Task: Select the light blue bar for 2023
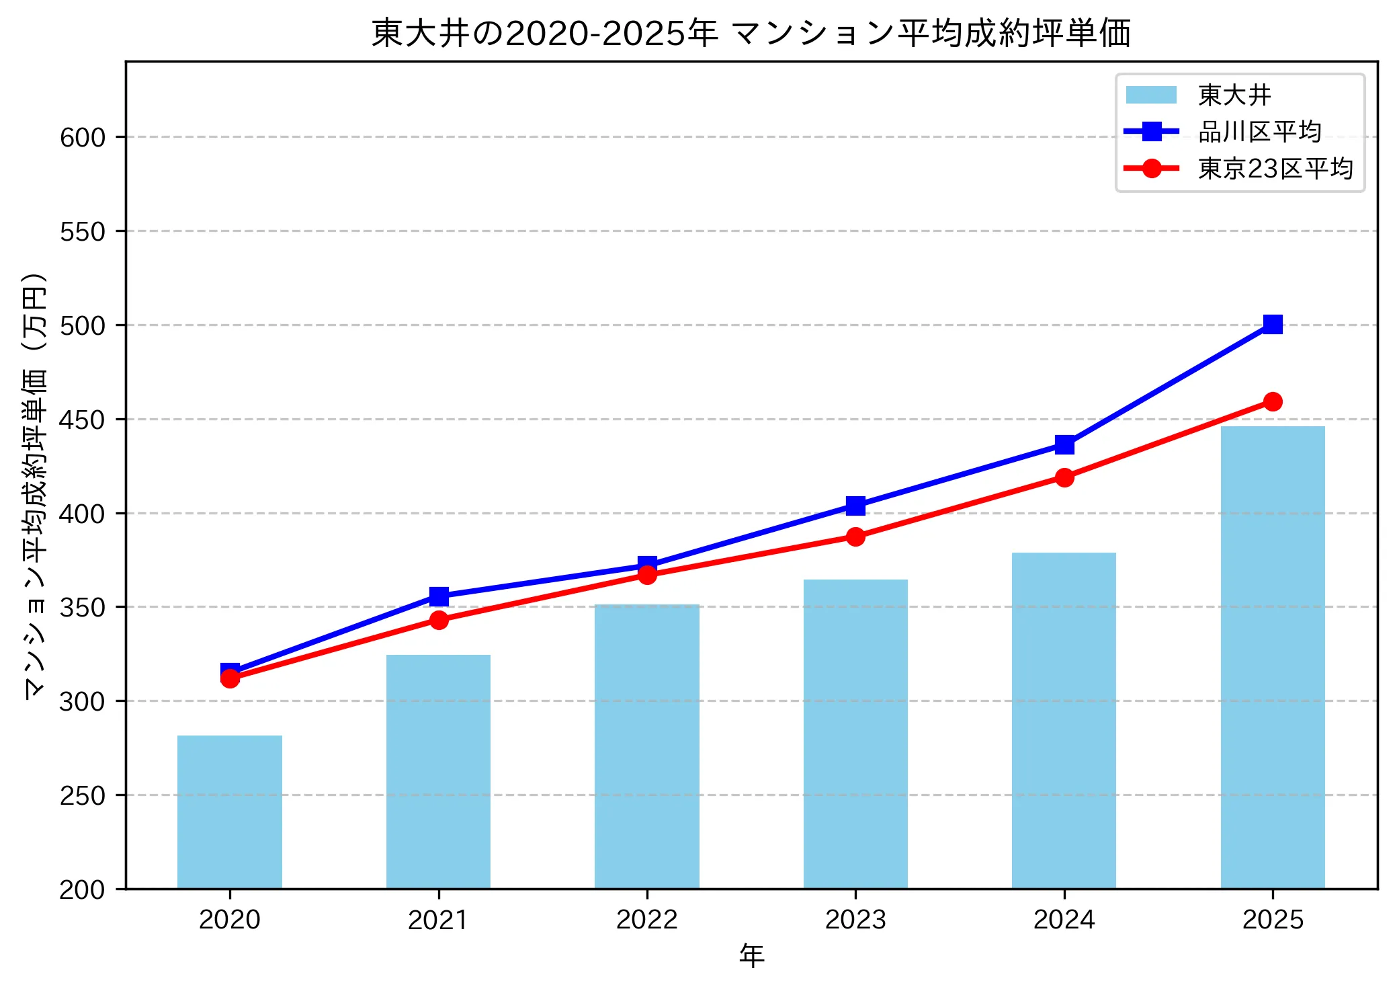tap(855, 734)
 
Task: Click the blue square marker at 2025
tap(1273, 325)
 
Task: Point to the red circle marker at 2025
tap(1273, 402)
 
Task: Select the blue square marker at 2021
tap(439, 596)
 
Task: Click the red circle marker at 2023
tap(855, 537)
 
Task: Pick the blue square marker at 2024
tap(1064, 444)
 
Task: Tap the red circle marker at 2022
tap(647, 575)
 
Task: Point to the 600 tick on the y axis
tap(83, 137)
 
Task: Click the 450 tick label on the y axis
tap(83, 420)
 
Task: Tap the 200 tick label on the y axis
tap(83, 889)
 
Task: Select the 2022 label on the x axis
tap(647, 919)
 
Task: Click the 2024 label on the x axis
tap(1064, 919)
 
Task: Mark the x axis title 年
tap(751, 955)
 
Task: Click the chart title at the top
tap(751, 33)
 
